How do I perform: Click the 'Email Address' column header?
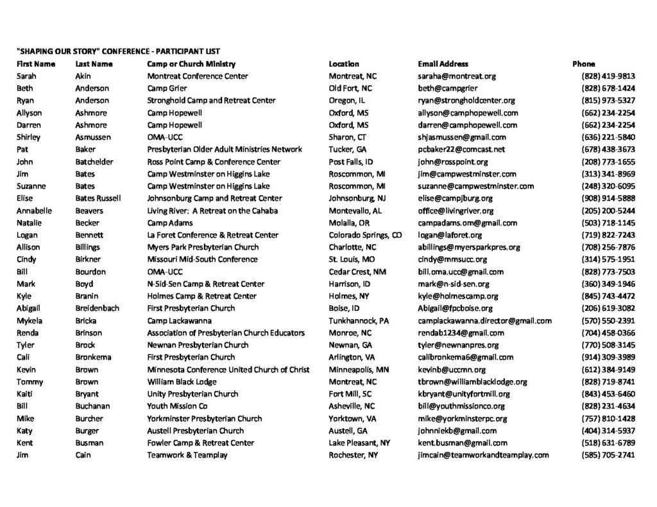coord(443,64)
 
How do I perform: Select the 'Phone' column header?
coord(583,64)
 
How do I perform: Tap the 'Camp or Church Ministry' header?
coord(191,64)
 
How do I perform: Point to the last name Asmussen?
coord(93,137)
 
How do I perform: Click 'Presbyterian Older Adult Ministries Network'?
coord(225,149)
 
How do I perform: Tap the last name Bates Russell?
coord(98,199)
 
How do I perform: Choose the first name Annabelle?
coord(35,211)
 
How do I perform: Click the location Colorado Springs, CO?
coord(365,235)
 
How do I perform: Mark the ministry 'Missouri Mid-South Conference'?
coord(202,260)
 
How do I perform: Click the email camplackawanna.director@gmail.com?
coord(484,321)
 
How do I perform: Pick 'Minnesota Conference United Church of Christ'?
coord(228,370)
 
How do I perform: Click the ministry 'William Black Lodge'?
coord(183,382)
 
